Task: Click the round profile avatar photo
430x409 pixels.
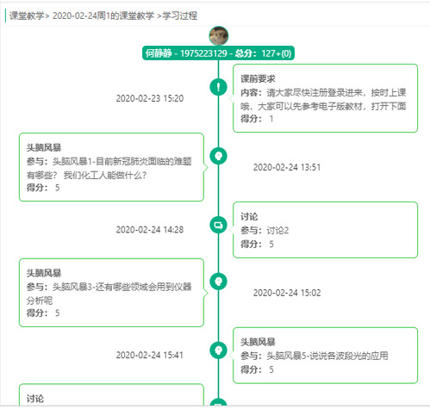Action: (x=219, y=36)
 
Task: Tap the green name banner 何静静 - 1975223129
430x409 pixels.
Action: (x=218, y=53)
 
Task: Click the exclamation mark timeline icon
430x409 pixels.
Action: (x=218, y=87)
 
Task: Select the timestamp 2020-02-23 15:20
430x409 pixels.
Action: (x=150, y=98)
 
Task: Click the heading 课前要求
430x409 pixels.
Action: (x=258, y=78)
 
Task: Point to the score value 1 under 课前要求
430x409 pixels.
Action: (x=271, y=119)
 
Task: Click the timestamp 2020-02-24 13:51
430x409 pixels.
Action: (x=287, y=167)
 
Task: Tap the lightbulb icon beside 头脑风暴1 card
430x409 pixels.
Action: (x=218, y=156)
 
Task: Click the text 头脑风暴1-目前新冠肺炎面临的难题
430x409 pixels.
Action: (x=122, y=161)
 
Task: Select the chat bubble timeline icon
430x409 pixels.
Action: (x=218, y=225)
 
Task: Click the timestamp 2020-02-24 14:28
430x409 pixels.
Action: (x=150, y=230)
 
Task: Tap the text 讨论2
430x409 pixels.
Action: (x=277, y=230)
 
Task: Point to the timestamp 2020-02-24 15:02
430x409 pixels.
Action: (x=287, y=293)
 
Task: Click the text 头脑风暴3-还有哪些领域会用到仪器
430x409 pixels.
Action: (x=122, y=287)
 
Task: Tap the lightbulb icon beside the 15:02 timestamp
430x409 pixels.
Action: (x=218, y=282)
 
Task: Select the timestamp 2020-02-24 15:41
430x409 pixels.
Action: (x=150, y=355)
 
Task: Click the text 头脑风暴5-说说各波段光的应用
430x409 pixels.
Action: (x=327, y=356)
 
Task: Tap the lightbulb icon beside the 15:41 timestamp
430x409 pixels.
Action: (x=218, y=350)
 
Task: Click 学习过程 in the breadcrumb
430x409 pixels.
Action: (x=180, y=15)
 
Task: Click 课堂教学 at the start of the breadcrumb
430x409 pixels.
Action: (x=27, y=15)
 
